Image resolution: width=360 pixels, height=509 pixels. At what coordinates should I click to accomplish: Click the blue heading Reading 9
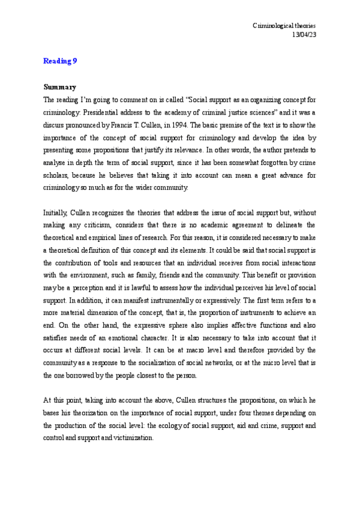pos(60,61)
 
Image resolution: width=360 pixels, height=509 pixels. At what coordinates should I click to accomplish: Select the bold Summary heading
pos(60,86)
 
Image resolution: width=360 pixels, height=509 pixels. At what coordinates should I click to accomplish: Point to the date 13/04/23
pos(303,35)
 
